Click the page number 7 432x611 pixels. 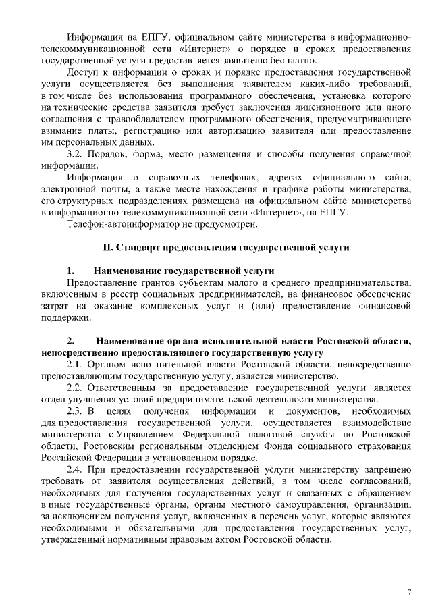point(409,591)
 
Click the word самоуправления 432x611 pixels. point(308,504)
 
